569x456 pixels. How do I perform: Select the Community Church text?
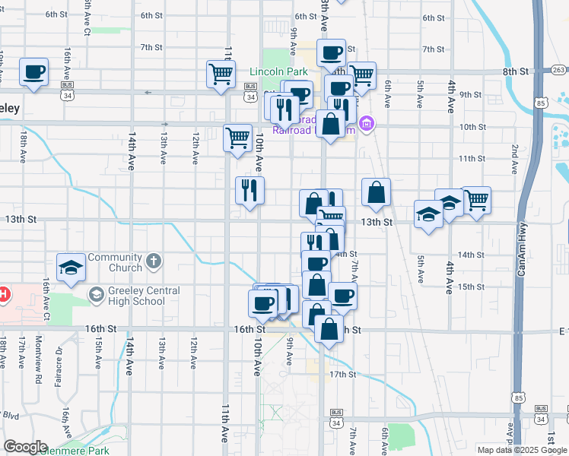click(x=115, y=262)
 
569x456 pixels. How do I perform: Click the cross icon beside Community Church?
click(x=154, y=261)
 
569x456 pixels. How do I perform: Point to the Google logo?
click(x=25, y=447)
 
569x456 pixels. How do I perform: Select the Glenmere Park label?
click(x=75, y=449)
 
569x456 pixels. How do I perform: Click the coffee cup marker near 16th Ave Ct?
click(x=33, y=71)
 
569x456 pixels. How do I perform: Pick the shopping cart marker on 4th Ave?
click(x=476, y=200)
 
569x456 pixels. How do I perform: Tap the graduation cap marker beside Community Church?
click(x=71, y=268)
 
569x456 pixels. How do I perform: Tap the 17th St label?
click(x=342, y=375)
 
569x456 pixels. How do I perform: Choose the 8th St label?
click(x=515, y=71)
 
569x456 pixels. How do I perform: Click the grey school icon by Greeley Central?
click(x=97, y=294)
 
